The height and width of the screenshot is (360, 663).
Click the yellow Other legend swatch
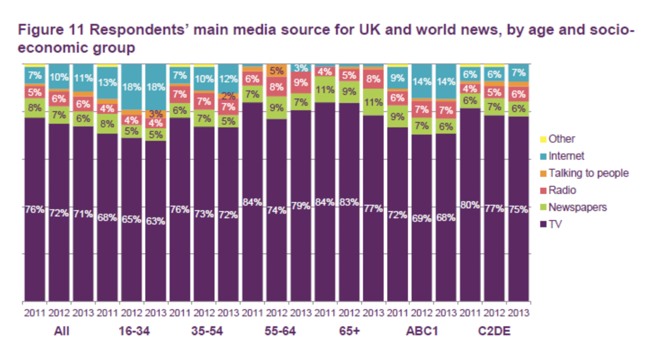543,139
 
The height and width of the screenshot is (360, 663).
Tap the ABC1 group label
421,331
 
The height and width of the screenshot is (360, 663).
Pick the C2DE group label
494,331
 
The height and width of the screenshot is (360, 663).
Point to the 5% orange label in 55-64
277,71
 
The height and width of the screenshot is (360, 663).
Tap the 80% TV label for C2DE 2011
470,205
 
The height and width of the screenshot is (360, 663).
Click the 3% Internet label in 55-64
301,68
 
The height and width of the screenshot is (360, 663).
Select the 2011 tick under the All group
35,312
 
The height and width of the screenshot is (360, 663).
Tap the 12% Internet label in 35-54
228,79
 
